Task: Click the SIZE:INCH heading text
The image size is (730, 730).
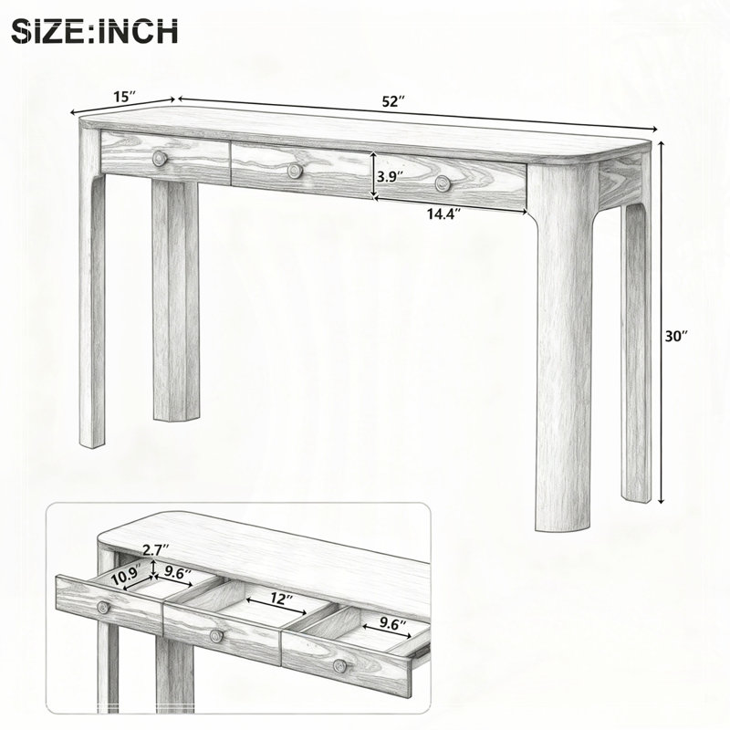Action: tap(95, 32)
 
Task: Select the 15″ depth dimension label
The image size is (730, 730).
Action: tap(125, 97)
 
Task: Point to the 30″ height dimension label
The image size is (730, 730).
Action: tap(676, 336)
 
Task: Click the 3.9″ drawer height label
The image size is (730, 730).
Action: tap(391, 176)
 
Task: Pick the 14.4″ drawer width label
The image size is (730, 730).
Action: tap(444, 214)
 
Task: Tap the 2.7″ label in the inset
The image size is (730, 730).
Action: tap(155, 550)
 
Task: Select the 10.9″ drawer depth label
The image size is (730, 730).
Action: tap(126, 579)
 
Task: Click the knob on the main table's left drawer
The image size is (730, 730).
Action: tap(160, 158)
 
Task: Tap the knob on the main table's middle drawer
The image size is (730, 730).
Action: tap(294, 171)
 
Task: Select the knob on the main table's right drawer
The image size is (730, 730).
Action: tap(443, 183)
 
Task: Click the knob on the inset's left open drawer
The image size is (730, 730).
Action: tap(103, 607)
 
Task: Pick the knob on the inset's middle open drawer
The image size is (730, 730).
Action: tap(216, 636)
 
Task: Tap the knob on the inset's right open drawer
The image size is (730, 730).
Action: tap(339, 666)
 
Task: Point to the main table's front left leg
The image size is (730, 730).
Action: tap(92, 288)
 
